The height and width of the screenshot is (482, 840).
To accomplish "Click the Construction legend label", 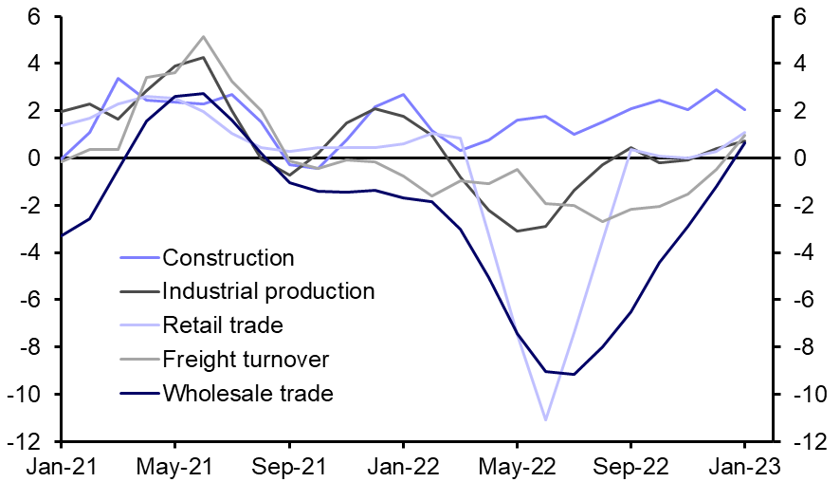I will (228, 258).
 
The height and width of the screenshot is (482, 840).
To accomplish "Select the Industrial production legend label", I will (268, 291).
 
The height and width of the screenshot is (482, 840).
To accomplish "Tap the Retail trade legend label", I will (223, 325).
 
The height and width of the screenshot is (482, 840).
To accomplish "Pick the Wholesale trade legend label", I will (248, 393).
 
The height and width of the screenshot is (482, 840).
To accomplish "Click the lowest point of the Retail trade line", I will (545, 419).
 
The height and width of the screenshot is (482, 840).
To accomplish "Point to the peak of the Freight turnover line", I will (203, 37).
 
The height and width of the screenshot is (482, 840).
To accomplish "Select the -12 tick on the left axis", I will (27, 442).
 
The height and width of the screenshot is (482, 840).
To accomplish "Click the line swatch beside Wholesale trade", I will (138, 393).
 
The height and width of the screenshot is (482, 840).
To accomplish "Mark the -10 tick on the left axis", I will (27, 395).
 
